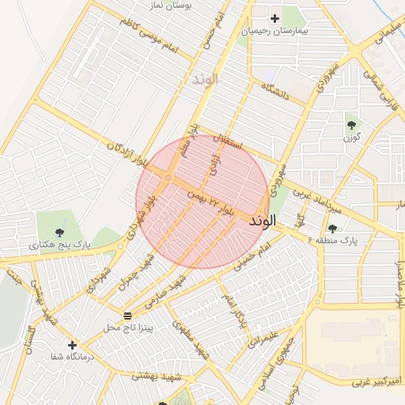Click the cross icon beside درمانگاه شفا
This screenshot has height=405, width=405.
(x=73, y=345)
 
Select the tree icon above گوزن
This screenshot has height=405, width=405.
(x=351, y=125)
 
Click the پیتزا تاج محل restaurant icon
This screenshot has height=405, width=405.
(x=128, y=316)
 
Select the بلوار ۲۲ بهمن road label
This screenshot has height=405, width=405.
(x=211, y=202)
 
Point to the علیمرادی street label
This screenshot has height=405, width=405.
(x=260, y=335)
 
